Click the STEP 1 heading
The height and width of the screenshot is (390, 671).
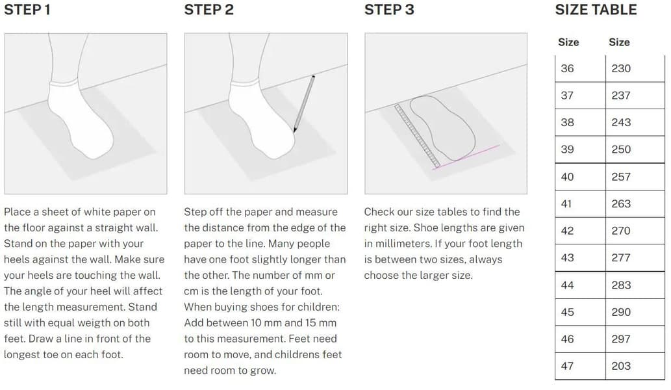pyautogui.click(x=27, y=9)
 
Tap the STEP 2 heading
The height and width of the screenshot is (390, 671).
pyautogui.click(x=209, y=9)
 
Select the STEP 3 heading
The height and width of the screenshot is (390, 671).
pyautogui.click(x=389, y=9)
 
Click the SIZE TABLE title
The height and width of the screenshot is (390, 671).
pyautogui.click(x=596, y=9)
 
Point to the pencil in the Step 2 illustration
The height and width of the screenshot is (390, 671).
pyautogui.click(x=304, y=104)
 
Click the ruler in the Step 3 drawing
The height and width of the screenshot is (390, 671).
pyautogui.click(x=417, y=136)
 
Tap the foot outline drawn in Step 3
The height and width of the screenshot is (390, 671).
pyautogui.click(x=443, y=127)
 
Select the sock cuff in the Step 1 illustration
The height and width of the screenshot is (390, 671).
pyautogui.click(x=64, y=83)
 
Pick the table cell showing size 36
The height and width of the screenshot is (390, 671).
pyautogui.click(x=580, y=68)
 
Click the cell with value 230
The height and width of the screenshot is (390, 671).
pyautogui.click(x=635, y=68)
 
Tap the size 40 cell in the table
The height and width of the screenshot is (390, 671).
pyautogui.click(x=580, y=177)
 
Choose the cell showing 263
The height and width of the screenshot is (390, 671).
pyautogui.click(x=635, y=204)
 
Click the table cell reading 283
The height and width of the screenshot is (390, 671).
pyautogui.click(x=635, y=285)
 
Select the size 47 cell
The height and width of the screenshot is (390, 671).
pyautogui.click(x=580, y=366)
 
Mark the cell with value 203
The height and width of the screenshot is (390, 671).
pyautogui.click(x=635, y=366)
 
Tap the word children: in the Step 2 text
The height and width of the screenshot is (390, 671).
pyautogui.click(x=318, y=307)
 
